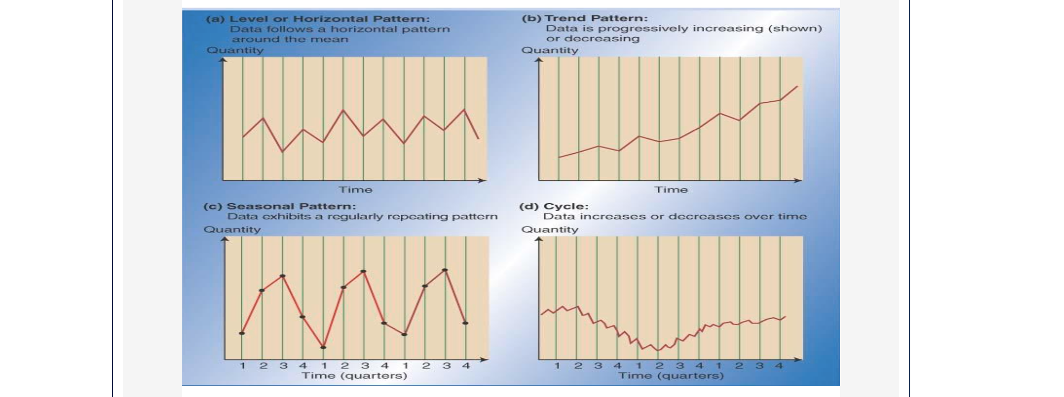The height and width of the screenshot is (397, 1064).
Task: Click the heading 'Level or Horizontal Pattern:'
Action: tap(329, 19)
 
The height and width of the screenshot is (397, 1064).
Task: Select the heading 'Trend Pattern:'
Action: tap(596, 18)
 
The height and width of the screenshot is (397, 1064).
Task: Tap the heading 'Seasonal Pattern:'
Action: tap(291, 206)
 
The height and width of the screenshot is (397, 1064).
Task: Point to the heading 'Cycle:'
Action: tap(566, 206)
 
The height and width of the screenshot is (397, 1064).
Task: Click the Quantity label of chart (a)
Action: tap(235, 50)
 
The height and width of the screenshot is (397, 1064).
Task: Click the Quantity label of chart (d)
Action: tap(550, 229)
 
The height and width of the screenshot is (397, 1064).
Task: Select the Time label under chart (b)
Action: tap(670, 189)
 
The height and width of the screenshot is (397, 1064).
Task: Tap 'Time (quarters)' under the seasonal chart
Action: tap(354, 376)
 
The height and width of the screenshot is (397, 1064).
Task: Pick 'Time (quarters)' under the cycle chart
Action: tap(671, 376)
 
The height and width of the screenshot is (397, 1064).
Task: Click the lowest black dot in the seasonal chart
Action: tap(323, 348)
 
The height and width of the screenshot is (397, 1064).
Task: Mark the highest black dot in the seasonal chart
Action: tap(445, 270)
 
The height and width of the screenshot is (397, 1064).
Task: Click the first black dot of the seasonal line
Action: tap(242, 333)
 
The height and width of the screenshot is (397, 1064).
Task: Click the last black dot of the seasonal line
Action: tap(465, 323)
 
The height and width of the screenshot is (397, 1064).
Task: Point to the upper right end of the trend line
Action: tap(797, 87)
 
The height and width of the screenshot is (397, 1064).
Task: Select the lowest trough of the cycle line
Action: tap(658, 350)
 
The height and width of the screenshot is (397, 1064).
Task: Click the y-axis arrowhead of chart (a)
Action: tap(222, 60)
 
